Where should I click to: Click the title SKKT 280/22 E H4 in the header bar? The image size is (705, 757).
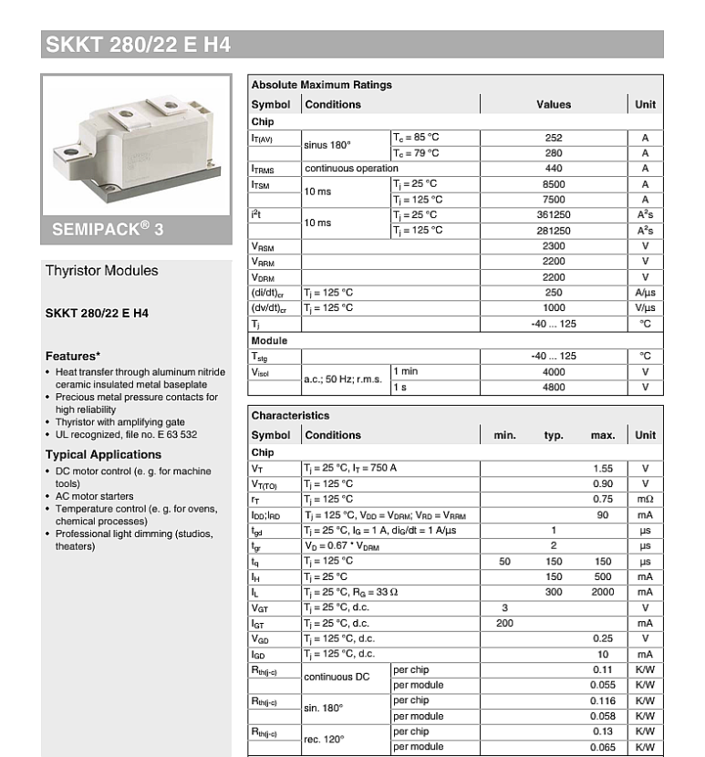[x=138, y=45]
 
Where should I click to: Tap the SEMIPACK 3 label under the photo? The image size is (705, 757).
[x=108, y=230]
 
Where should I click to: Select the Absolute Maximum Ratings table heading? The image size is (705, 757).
[x=321, y=85]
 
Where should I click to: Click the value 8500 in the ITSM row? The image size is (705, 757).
[x=554, y=184]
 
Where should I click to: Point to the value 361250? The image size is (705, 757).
[x=554, y=215]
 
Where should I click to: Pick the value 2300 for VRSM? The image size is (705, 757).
[x=554, y=246]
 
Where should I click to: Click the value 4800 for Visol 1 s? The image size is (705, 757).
[x=554, y=387]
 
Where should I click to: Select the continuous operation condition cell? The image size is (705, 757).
[x=351, y=169]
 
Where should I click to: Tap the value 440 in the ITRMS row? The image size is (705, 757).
[x=554, y=169]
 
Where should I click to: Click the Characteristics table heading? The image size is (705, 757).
[x=290, y=416]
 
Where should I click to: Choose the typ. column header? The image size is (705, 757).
[x=554, y=436]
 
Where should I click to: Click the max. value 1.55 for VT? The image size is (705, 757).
[x=602, y=468]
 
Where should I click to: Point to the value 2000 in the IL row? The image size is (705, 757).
[x=602, y=592]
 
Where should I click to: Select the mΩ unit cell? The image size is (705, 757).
[x=645, y=499]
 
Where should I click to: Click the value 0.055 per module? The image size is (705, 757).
[x=602, y=685]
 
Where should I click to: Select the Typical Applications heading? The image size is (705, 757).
[x=103, y=455]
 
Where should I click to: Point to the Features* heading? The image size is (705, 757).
[x=73, y=357]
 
